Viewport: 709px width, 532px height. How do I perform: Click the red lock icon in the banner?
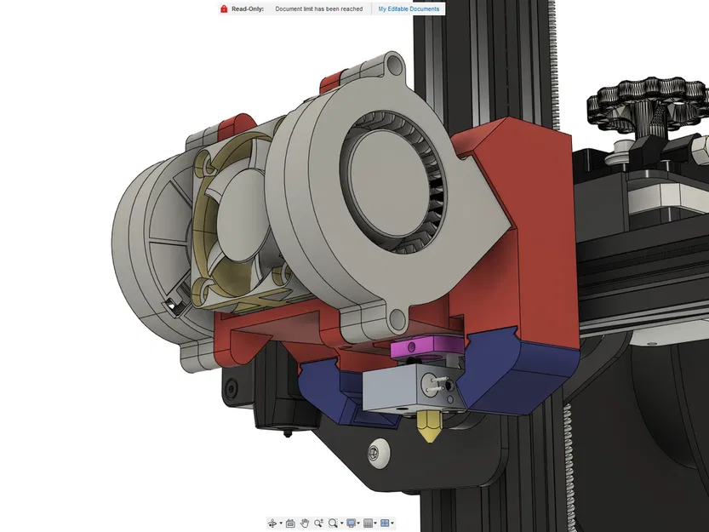point(223,9)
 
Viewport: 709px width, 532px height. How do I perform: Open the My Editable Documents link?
point(409,9)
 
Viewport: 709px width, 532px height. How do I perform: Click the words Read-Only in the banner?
point(247,9)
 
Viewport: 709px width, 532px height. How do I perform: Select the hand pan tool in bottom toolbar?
point(304,523)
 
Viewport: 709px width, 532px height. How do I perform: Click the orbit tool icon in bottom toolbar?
point(273,523)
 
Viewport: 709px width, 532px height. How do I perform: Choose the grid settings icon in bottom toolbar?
point(368,523)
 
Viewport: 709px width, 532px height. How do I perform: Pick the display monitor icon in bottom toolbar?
point(351,523)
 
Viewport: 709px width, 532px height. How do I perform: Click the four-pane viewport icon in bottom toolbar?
point(385,523)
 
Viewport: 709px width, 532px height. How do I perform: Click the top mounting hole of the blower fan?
point(395,64)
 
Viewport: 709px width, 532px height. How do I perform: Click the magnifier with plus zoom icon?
point(318,523)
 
